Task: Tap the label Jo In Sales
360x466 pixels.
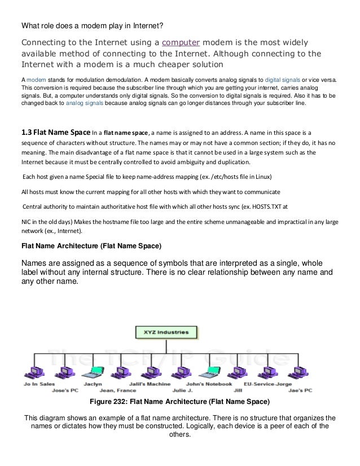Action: (37, 384)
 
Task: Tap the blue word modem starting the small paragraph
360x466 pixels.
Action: (33, 80)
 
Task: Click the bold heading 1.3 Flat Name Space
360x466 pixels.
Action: (55, 133)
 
